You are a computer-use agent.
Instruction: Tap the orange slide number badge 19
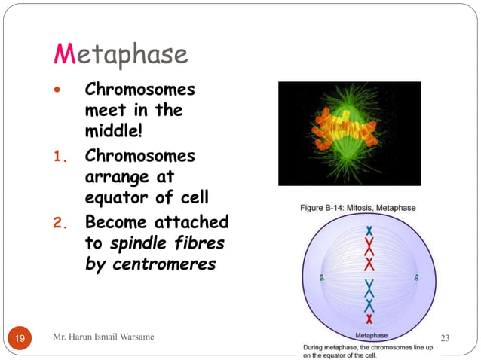(x=19, y=339)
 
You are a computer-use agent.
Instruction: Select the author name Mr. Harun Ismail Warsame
(x=104, y=337)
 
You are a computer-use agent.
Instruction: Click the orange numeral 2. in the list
(x=63, y=224)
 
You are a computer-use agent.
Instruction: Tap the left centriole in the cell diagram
(x=321, y=278)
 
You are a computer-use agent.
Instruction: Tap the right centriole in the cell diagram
(x=416, y=278)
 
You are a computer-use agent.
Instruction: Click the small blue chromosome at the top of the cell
(x=369, y=230)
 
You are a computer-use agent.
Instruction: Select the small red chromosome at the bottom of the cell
(x=369, y=319)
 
